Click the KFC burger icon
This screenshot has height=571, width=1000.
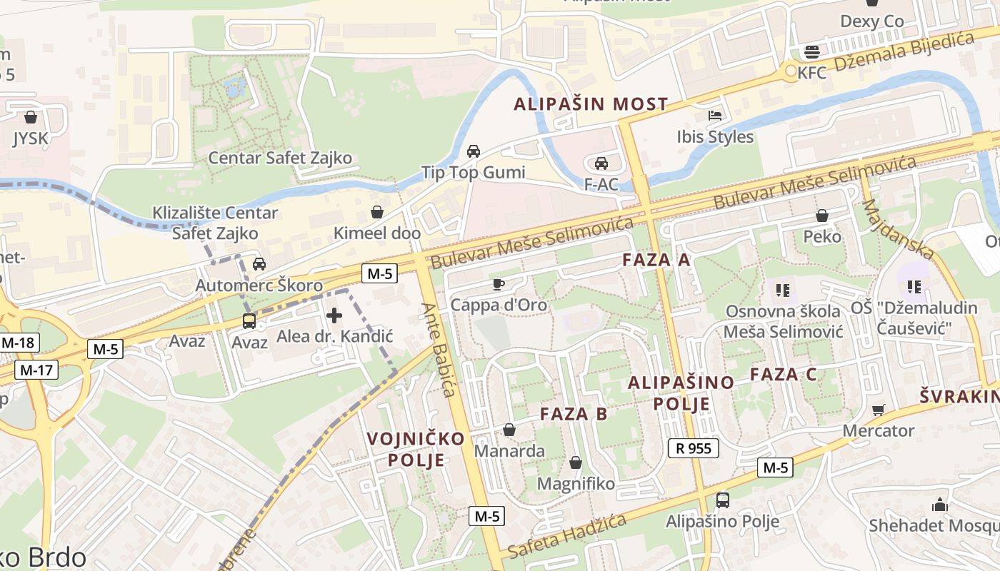pyautogui.click(x=811, y=51)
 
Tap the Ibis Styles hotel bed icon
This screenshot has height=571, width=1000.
pyautogui.click(x=715, y=115)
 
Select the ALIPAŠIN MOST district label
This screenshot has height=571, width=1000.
pyautogui.click(x=591, y=104)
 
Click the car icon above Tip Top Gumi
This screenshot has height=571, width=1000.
pyautogui.click(x=473, y=151)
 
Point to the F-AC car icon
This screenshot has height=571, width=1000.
pyautogui.click(x=601, y=163)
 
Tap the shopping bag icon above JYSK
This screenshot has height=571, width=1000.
pyautogui.click(x=30, y=117)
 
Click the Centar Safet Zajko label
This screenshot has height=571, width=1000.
pyautogui.click(x=280, y=158)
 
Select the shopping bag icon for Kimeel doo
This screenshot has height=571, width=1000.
pyautogui.click(x=377, y=212)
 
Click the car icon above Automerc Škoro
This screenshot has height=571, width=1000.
pyautogui.click(x=259, y=264)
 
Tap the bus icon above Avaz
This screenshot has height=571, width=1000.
pyautogui.click(x=249, y=321)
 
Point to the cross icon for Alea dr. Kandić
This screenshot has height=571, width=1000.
pyautogui.click(x=334, y=315)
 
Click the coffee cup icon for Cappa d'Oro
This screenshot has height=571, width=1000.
pyautogui.click(x=499, y=284)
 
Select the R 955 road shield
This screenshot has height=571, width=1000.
pyautogui.click(x=693, y=448)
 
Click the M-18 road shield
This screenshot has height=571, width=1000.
pyautogui.click(x=17, y=343)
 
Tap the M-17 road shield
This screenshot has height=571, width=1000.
pyautogui.click(x=36, y=370)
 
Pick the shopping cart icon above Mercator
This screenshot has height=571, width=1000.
pyautogui.click(x=878, y=410)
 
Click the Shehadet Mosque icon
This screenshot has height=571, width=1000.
pyautogui.click(x=939, y=505)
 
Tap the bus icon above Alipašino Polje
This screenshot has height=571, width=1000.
pyautogui.click(x=722, y=500)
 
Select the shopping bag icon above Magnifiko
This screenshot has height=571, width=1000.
pyautogui.click(x=576, y=463)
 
